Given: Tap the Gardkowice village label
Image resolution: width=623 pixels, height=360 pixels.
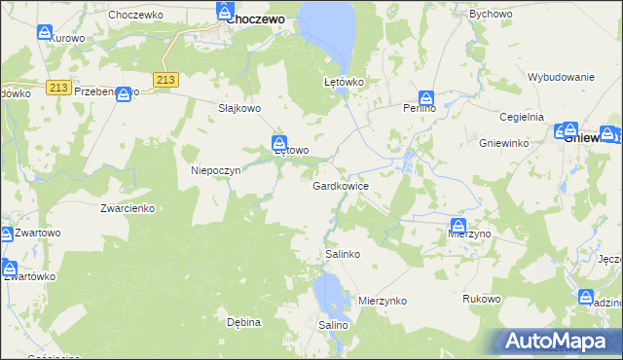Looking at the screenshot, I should (340, 185).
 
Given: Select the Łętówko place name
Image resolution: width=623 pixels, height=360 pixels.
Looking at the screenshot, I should (344, 83).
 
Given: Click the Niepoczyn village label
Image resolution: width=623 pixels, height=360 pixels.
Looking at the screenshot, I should (215, 169).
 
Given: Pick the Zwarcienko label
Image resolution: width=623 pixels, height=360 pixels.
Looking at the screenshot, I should (128, 208).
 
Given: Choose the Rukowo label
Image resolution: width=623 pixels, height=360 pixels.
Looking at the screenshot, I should (482, 299).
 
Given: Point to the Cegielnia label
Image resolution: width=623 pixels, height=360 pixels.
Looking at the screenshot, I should (523, 117).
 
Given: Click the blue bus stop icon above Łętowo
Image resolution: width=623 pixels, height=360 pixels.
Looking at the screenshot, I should (279, 141).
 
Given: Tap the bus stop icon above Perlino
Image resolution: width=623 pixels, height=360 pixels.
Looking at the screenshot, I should (425, 97).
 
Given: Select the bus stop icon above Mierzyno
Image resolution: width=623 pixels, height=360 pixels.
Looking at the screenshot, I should (458, 226).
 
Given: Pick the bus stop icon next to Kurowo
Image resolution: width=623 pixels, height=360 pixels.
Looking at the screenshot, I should (46, 32).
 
